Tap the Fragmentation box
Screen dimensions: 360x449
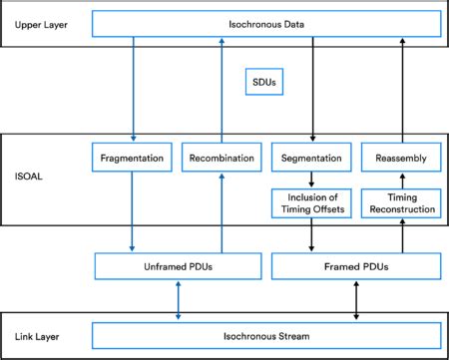[x=133, y=157]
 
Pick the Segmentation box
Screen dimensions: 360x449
[x=312, y=157]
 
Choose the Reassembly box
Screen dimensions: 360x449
[x=401, y=157]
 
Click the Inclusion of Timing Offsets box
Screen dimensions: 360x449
[x=312, y=202]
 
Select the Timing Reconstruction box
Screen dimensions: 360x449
[x=401, y=202]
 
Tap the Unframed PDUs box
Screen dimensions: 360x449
[x=177, y=266]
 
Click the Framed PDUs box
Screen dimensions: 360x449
[x=356, y=266]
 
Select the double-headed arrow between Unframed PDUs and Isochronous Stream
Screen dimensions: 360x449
[x=177, y=299]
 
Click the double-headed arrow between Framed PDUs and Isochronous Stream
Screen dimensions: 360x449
[x=356, y=299]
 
